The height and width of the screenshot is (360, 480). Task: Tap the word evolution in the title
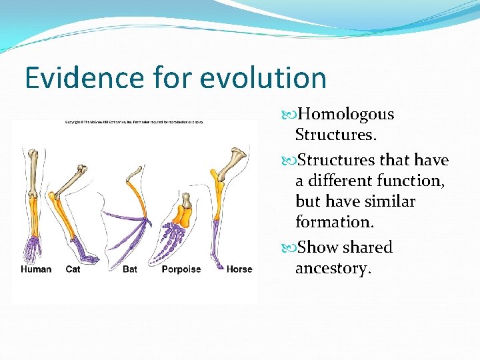point(263,78)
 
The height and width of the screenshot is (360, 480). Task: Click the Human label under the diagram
point(36,269)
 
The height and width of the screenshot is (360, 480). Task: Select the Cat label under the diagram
point(73,269)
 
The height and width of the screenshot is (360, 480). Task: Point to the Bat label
point(130,269)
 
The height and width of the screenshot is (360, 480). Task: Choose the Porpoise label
point(181,269)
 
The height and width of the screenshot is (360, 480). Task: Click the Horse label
point(239,269)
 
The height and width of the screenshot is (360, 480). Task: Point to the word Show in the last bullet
point(317,247)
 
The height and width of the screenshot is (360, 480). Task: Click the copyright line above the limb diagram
point(133,122)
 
